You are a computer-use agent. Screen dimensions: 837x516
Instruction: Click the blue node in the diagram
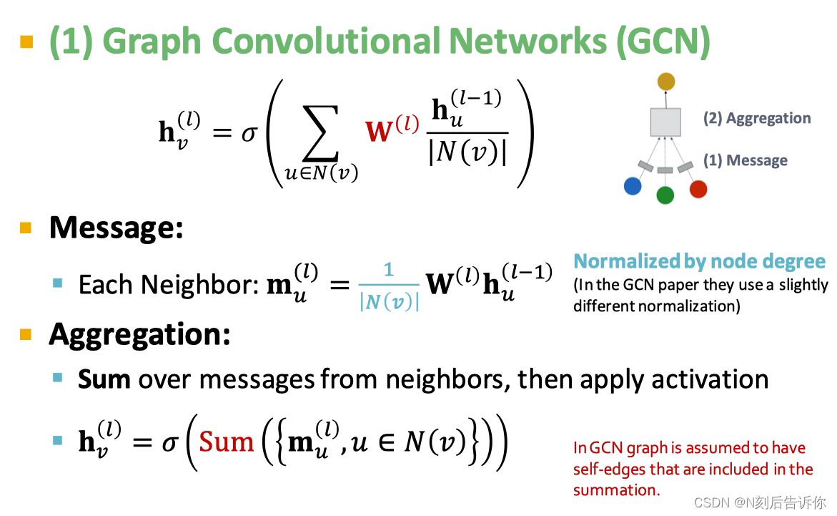pos(633,186)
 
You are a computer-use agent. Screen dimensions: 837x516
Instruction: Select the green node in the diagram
pos(665,195)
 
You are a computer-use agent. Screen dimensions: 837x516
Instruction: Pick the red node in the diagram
pos(698,189)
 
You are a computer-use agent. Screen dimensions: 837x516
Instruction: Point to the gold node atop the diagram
pos(666,82)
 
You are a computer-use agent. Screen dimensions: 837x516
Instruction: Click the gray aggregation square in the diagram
pos(665,122)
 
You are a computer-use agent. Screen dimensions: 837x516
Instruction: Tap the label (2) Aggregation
pos(757,119)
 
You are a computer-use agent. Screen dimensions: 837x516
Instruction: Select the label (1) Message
pos(746,160)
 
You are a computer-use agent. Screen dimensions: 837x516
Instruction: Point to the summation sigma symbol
pos(320,133)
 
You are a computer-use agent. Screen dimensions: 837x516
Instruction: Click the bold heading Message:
pos(116,228)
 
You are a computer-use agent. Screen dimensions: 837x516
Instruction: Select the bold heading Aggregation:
pos(139,334)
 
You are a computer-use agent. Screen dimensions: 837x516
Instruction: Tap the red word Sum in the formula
pos(227,442)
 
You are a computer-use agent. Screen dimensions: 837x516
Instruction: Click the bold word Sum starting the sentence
pos(104,379)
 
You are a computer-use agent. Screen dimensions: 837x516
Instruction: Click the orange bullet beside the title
pos(27,42)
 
